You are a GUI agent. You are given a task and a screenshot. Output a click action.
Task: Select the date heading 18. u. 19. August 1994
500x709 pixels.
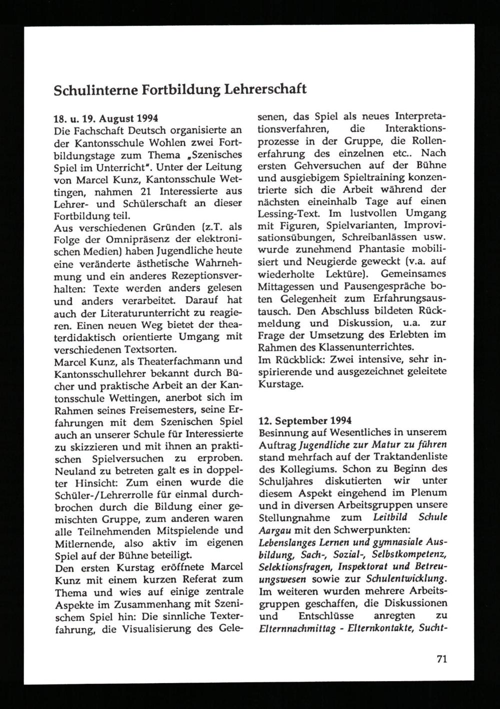point(105,119)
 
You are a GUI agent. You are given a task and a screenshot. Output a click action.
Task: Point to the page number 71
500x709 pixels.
point(441,658)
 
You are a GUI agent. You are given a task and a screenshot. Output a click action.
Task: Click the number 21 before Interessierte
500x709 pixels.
point(150,191)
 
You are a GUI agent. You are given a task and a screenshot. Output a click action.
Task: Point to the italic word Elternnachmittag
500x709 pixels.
point(297,628)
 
